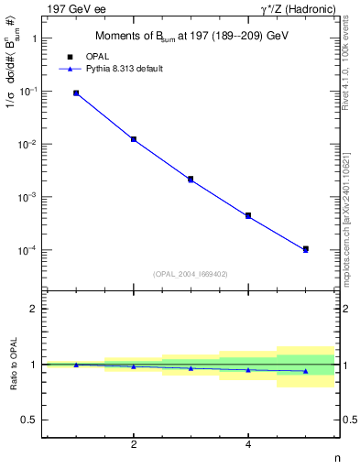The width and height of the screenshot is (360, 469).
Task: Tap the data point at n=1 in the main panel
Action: (x=76, y=93)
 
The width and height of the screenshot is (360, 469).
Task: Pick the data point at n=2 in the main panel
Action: (x=134, y=139)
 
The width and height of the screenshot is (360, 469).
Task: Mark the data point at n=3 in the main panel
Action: (x=191, y=180)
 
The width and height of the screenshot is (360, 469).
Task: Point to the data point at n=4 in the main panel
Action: (x=248, y=216)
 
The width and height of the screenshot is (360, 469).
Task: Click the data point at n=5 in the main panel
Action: (x=305, y=249)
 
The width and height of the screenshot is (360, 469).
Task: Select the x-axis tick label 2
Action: (x=134, y=445)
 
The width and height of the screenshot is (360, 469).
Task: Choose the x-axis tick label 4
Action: (x=248, y=445)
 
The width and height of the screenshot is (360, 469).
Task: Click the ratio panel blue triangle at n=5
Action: (x=305, y=371)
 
